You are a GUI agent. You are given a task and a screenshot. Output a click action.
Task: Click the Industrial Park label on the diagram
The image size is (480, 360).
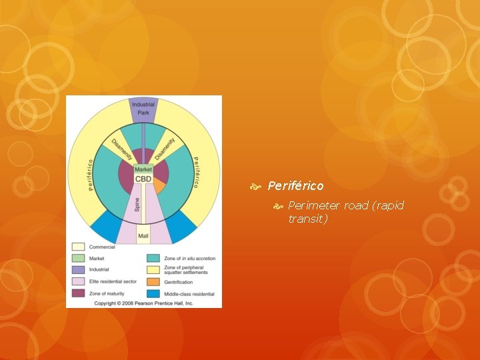(x=143, y=108)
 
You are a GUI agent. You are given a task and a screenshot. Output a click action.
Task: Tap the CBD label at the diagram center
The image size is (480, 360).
(x=143, y=179)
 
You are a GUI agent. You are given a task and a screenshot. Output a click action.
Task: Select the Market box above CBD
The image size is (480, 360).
(x=143, y=169)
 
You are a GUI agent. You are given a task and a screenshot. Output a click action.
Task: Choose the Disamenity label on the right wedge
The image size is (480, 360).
(x=164, y=147)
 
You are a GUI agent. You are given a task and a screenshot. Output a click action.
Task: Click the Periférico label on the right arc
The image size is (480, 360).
(x=195, y=173)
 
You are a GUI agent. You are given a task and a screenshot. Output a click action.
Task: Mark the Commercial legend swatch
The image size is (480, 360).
(x=78, y=247)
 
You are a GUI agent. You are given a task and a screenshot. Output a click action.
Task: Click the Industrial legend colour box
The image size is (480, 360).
(x=78, y=269)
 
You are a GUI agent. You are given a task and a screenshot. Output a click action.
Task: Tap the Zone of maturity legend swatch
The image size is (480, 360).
(x=78, y=292)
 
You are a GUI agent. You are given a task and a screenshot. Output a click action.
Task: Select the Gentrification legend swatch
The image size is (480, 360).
(x=153, y=281)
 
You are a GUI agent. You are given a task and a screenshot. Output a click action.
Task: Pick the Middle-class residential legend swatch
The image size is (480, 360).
(x=153, y=292)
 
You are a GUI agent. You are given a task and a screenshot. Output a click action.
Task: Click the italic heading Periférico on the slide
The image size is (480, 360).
(x=295, y=186)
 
